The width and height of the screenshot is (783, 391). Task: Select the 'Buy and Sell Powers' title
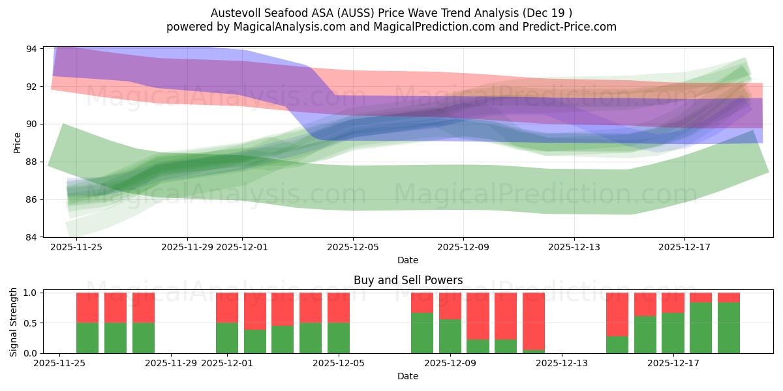point(408,280)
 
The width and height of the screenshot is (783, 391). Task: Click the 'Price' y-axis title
point(17,142)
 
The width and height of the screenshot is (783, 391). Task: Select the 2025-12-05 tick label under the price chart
point(353,247)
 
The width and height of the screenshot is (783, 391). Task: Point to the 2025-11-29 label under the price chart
point(187,247)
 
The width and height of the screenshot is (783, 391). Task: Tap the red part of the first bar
point(87,308)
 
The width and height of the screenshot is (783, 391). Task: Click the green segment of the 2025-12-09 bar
point(450,336)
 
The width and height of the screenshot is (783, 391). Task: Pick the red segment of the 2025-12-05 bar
point(339,308)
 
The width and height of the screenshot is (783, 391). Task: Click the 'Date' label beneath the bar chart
point(408,376)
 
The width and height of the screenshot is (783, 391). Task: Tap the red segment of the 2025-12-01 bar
point(227,308)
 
